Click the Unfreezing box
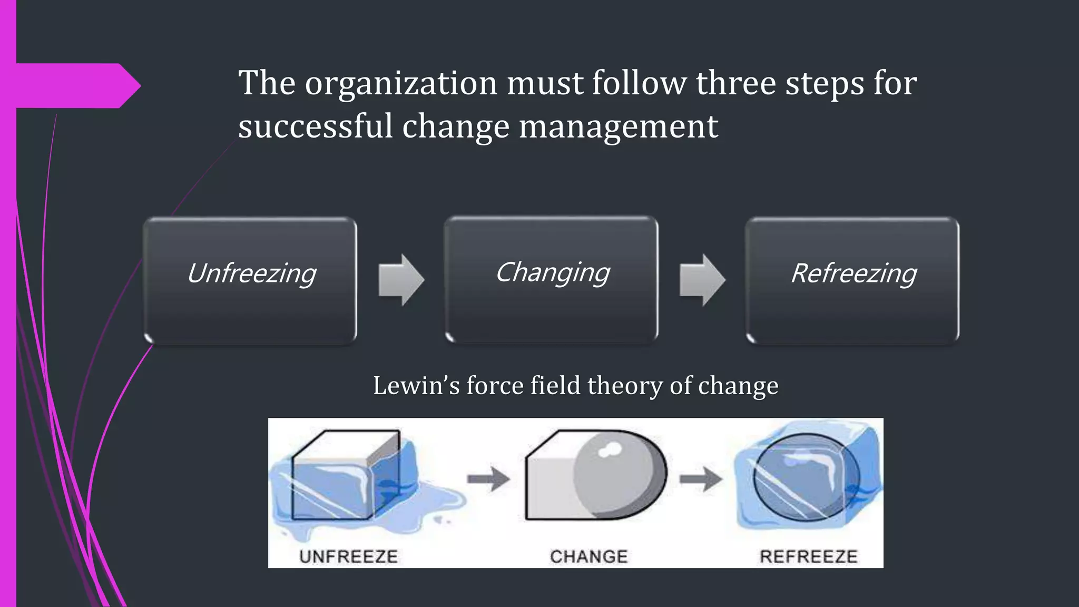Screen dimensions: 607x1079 click(250, 281)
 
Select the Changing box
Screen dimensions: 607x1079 click(552, 280)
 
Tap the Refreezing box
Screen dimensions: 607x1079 click(852, 281)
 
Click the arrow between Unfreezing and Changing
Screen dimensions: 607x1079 click(401, 280)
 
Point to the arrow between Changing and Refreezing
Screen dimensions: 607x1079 click(702, 280)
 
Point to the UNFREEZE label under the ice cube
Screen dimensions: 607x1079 click(348, 556)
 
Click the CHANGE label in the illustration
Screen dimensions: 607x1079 click(588, 556)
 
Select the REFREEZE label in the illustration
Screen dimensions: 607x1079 click(808, 556)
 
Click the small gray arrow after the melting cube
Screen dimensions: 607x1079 click(488, 479)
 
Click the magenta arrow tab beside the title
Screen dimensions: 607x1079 click(79, 86)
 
